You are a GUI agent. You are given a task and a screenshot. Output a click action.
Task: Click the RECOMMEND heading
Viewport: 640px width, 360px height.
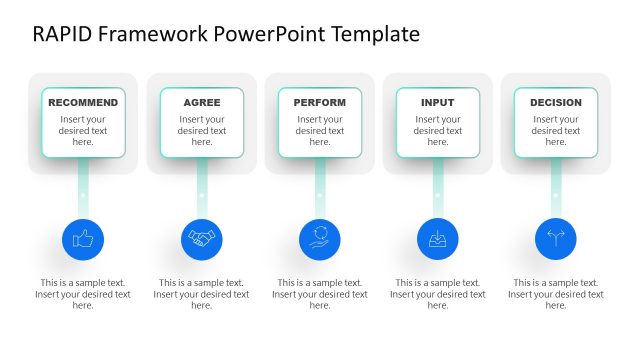click(83, 102)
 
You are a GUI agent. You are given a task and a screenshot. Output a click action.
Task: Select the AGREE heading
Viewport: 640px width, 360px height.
click(202, 102)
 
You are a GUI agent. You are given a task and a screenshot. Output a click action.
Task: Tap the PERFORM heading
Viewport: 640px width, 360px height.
click(320, 102)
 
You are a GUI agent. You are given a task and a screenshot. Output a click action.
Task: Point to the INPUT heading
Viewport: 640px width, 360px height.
click(438, 102)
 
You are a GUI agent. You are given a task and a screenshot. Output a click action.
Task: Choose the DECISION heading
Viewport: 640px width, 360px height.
click(556, 102)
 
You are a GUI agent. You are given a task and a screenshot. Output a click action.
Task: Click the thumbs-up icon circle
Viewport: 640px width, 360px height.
click(83, 239)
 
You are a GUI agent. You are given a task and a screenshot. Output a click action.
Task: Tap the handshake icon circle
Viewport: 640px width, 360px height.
click(202, 239)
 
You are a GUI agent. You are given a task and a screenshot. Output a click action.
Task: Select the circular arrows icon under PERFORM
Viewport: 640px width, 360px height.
click(320, 239)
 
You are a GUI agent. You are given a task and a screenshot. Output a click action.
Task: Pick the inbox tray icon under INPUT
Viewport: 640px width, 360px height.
click(438, 239)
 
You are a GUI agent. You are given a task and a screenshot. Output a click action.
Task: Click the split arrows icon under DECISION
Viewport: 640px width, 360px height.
click(556, 239)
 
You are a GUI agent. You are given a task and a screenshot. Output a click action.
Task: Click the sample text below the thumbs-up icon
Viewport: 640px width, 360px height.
click(83, 294)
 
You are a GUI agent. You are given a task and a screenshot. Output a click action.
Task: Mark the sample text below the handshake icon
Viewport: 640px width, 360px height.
click(202, 294)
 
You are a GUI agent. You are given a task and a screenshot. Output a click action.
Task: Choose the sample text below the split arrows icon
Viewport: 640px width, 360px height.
click(556, 294)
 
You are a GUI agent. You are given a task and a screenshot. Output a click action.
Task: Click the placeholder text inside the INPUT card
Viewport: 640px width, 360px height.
click(438, 131)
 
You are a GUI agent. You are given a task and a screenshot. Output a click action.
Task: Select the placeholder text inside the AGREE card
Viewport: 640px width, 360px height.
click(202, 131)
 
